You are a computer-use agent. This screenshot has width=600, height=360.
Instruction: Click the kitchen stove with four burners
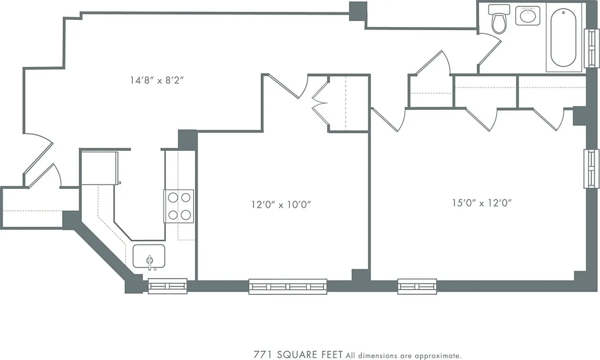[x=179, y=206]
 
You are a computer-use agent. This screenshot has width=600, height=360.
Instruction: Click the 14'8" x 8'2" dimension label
[x=158, y=81]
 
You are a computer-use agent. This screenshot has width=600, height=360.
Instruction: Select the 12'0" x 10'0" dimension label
[x=281, y=205]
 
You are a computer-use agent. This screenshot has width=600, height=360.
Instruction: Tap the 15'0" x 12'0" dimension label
[x=483, y=203]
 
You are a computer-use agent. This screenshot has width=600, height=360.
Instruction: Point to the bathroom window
[x=591, y=49]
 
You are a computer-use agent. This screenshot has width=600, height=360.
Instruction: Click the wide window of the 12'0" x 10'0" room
[x=288, y=287]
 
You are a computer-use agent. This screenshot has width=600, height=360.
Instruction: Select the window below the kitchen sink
[x=167, y=286]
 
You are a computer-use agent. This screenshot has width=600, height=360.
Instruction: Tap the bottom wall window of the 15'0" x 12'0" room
[x=417, y=286]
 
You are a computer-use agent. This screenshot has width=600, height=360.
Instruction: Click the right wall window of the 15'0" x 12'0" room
[x=591, y=168]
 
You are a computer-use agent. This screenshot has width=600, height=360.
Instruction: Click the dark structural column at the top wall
[x=358, y=11]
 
